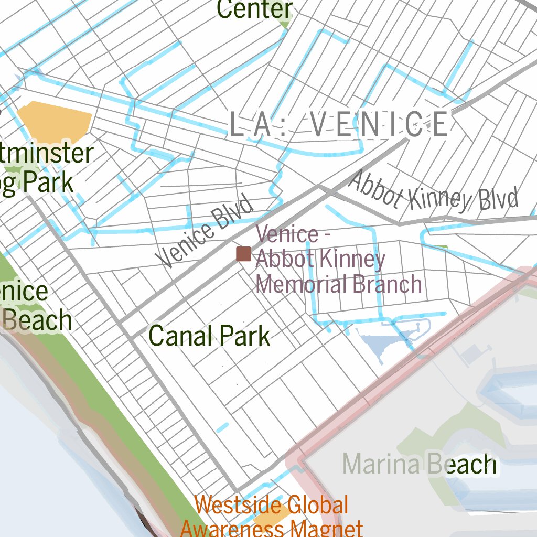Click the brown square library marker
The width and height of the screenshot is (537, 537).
(x=243, y=254)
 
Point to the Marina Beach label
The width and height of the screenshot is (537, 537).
(x=419, y=464)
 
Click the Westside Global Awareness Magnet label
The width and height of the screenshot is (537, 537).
(x=272, y=517)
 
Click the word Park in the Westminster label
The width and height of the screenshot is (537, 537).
(x=47, y=182)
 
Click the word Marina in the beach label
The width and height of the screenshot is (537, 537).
(x=381, y=464)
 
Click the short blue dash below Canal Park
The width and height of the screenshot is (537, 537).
(x=222, y=427)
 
